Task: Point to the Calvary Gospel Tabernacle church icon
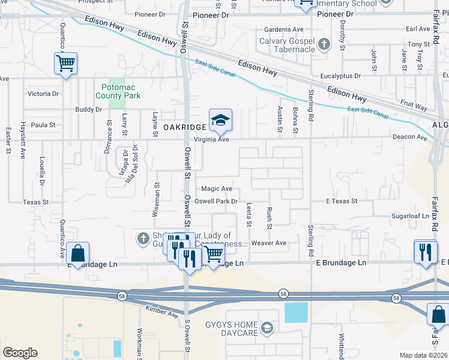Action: coord(324,44)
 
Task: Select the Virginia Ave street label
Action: coord(215,139)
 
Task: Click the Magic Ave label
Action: coord(217,188)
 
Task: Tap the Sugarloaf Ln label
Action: coord(410,215)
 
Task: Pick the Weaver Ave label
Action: coord(268,243)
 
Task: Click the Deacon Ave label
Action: coord(409,137)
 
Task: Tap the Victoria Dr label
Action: coord(43,94)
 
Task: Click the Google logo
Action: coord(20,352)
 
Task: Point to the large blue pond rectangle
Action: coord(296,312)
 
